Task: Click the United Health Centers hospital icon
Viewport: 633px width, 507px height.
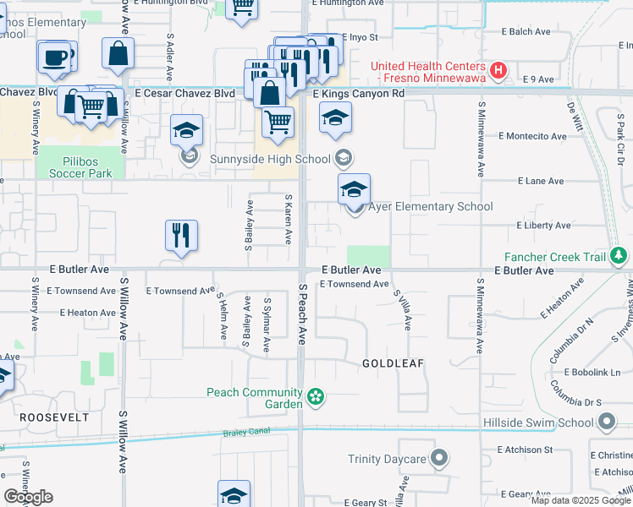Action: [x=499, y=70]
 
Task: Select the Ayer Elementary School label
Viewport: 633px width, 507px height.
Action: [x=430, y=206]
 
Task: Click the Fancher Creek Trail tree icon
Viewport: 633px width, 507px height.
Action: [x=619, y=255]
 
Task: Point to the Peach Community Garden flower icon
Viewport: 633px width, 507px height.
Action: [x=316, y=396]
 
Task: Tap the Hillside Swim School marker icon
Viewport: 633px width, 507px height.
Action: [x=606, y=422]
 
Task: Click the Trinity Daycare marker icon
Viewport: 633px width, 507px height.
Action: [x=438, y=459]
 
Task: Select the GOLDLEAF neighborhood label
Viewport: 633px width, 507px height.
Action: [x=392, y=363]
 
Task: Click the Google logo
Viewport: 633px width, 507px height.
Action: [x=28, y=497]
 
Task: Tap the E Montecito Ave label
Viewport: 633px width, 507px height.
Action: [x=531, y=135]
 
